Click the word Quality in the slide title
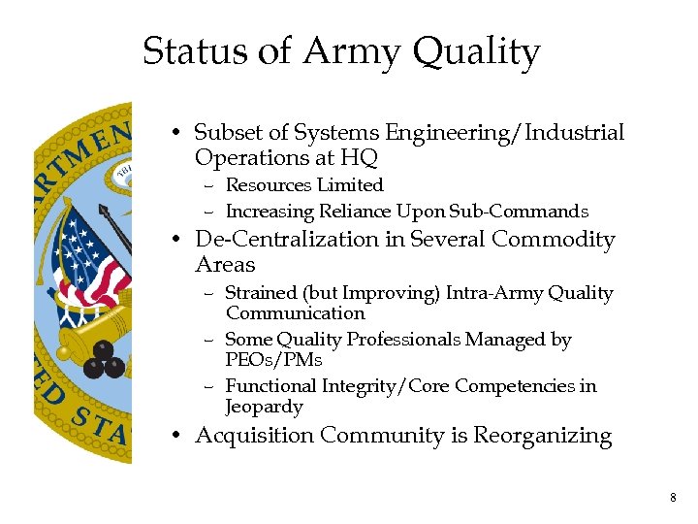click(x=477, y=52)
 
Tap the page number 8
click(x=673, y=498)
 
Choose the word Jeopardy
click(x=264, y=407)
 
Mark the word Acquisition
click(x=254, y=437)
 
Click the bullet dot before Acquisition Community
click(x=178, y=437)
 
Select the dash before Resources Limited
click(x=209, y=185)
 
